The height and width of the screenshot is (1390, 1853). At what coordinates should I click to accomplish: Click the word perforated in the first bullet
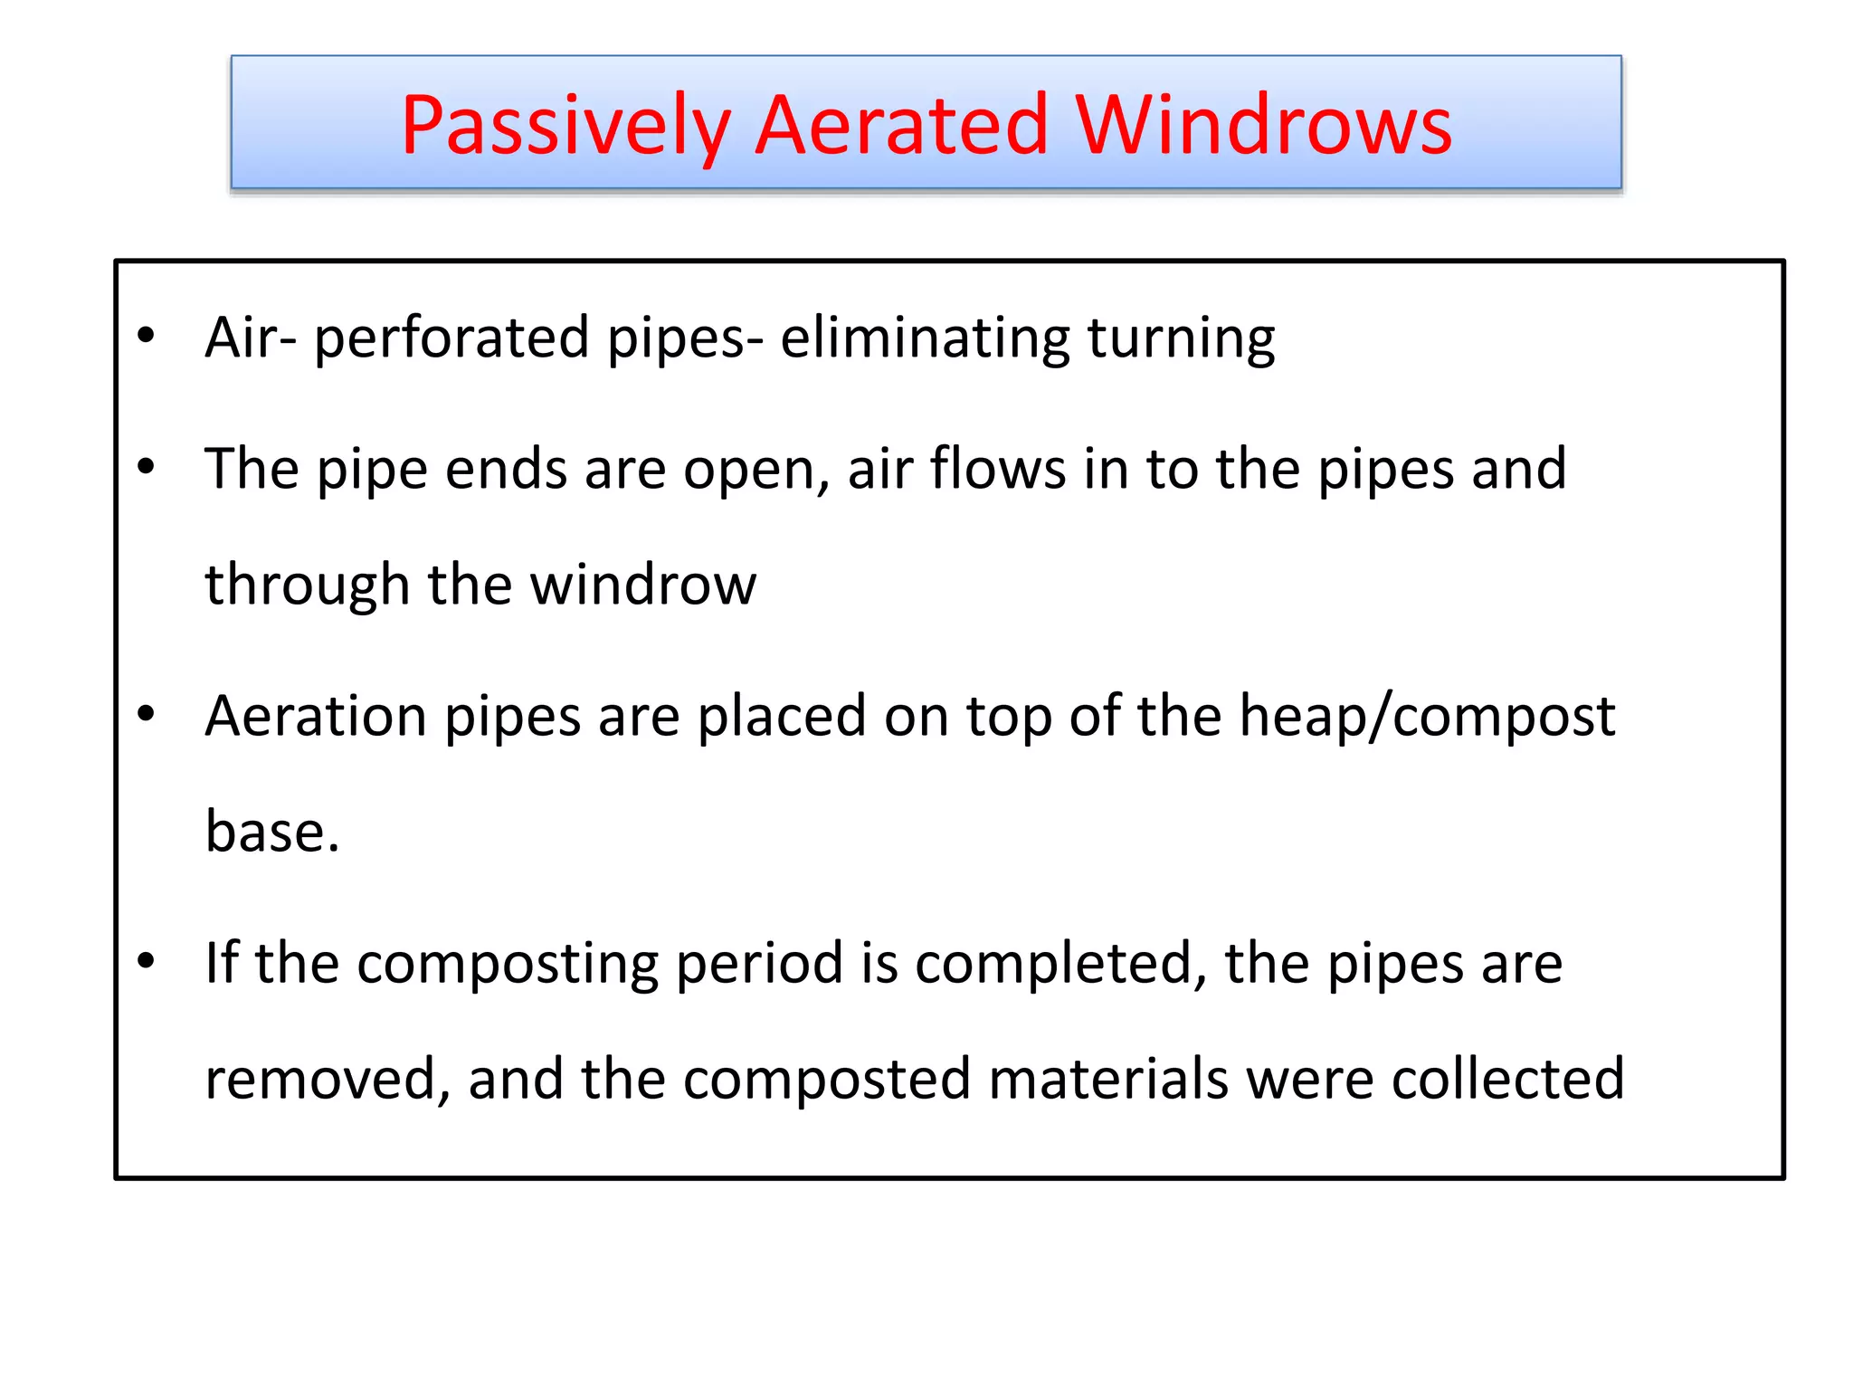(451, 338)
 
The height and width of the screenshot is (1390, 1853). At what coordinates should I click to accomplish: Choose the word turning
(1181, 338)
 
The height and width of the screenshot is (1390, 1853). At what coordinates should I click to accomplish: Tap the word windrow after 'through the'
(642, 585)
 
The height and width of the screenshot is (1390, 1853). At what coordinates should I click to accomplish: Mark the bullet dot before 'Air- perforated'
(147, 337)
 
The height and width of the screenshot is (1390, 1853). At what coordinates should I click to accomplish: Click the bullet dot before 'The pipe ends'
(147, 468)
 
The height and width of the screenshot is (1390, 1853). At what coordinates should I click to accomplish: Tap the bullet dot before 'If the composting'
(147, 961)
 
